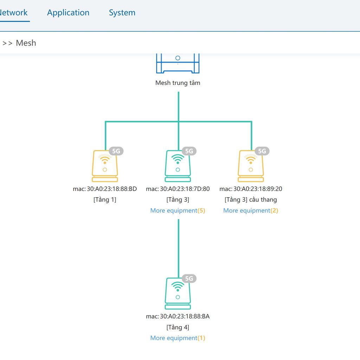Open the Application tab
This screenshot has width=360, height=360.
pyautogui.click(x=68, y=13)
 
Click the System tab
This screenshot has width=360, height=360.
pyautogui.click(x=122, y=13)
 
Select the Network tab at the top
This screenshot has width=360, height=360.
pyautogui.click(x=13, y=13)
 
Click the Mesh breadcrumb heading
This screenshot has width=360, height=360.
pyautogui.click(x=26, y=43)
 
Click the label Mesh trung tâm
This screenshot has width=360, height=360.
pyautogui.click(x=178, y=83)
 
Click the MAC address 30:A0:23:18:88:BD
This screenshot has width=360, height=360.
pyautogui.click(x=112, y=189)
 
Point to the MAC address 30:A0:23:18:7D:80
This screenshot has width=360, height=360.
pyautogui.click(x=185, y=189)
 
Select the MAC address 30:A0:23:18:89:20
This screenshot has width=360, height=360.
pyautogui.click(x=258, y=189)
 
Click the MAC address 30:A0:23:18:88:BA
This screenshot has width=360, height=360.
pyautogui.click(x=185, y=316)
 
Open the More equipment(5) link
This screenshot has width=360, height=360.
pyautogui.click(x=178, y=211)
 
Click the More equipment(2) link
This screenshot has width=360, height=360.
pyautogui.click(x=251, y=211)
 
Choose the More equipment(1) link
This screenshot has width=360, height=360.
pyautogui.click(x=178, y=338)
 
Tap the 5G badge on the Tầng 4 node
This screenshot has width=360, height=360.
pyautogui.click(x=189, y=278)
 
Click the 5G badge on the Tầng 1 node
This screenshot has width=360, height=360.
pyautogui.click(x=116, y=151)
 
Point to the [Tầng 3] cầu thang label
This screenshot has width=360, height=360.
pyautogui.click(x=251, y=200)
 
